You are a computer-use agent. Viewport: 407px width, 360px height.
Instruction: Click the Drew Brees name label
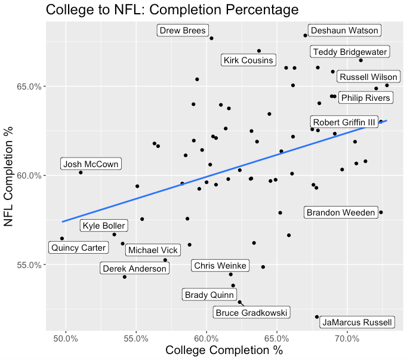[183, 30]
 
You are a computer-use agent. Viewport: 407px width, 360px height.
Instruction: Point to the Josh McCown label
[91, 164]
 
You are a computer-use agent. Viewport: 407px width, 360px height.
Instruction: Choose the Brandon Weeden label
[341, 212]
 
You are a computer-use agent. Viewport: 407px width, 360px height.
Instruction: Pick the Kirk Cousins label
[248, 60]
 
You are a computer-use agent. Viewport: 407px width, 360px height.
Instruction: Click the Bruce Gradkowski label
[252, 312]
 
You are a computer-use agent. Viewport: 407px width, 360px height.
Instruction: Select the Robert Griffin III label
[344, 122]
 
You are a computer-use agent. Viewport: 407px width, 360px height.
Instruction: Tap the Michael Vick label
[152, 250]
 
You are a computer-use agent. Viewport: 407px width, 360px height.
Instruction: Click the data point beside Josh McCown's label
[81, 173]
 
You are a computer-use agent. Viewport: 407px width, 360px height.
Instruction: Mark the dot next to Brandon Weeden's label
[381, 212]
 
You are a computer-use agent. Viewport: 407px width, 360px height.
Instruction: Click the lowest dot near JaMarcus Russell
[317, 317]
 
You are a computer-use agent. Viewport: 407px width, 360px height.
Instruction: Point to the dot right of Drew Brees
[211, 38]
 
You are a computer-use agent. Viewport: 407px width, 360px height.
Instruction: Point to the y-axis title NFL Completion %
[10, 179]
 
